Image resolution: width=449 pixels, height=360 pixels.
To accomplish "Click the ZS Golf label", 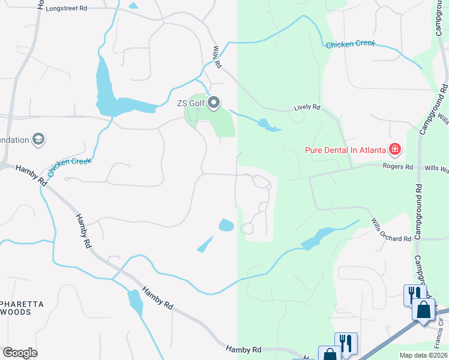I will (x=190, y=103).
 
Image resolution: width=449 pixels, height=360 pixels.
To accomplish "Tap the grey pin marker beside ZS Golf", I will (x=214, y=103).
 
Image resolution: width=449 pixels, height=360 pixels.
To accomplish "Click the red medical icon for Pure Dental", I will (x=395, y=149).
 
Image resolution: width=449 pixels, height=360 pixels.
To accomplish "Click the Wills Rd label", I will (x=217, y=56).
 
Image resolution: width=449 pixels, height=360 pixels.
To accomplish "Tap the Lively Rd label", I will (x=307, y=107).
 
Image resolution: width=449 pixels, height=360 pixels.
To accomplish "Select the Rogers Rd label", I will (x=401, y=167).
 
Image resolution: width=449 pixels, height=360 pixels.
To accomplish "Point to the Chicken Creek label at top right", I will (x=350, y=44).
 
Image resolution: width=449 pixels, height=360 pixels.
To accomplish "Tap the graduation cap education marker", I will (x=38, y=140).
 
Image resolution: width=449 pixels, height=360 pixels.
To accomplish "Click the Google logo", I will (x=20, y=353).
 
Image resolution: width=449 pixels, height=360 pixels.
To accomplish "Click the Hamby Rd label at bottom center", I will (x=244, y=349).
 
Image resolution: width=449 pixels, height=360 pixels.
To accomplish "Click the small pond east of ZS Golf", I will (x=267, y=125).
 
